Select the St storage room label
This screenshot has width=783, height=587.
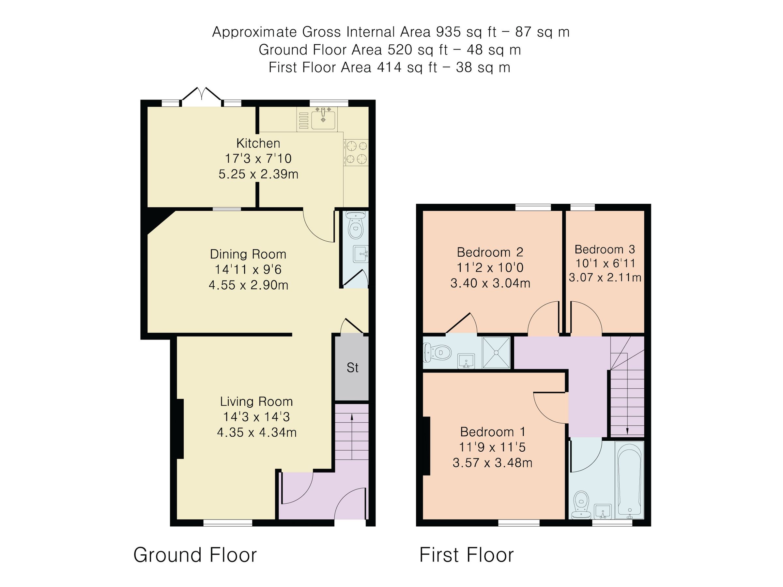352,368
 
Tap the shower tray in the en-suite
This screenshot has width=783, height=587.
496,353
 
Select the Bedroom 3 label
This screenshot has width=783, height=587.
605,249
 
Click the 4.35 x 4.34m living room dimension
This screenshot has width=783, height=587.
257,432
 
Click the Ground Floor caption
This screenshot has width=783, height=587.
195,555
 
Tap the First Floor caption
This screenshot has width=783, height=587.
466,555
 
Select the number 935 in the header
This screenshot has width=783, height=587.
448,32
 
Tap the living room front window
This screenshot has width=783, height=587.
228,523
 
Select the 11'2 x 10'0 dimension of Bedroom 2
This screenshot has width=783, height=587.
490,268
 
